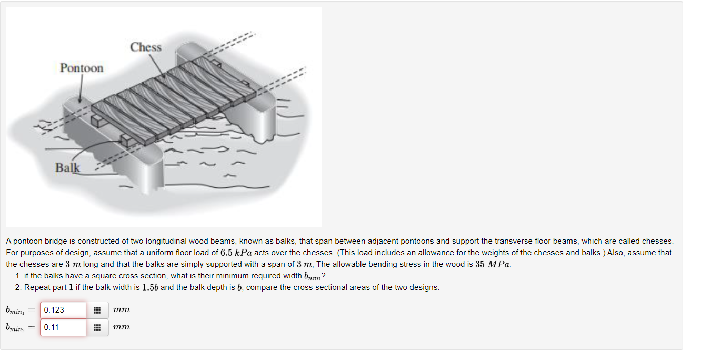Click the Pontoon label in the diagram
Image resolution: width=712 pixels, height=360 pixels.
pos(82,68)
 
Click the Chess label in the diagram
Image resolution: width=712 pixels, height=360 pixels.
pos(146,47)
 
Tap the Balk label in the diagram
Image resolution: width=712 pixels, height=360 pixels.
pos(68,168)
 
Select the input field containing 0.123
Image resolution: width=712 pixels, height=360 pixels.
pos(63,310)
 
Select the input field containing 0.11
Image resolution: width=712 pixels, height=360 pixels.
pos(63,327)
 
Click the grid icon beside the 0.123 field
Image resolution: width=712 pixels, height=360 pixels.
pos(97,310)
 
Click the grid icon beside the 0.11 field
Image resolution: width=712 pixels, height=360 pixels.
pos(97,327)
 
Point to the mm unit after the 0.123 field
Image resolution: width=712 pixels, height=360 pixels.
pos(121,310)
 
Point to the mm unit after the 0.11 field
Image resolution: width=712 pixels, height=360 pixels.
pos(121,327)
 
